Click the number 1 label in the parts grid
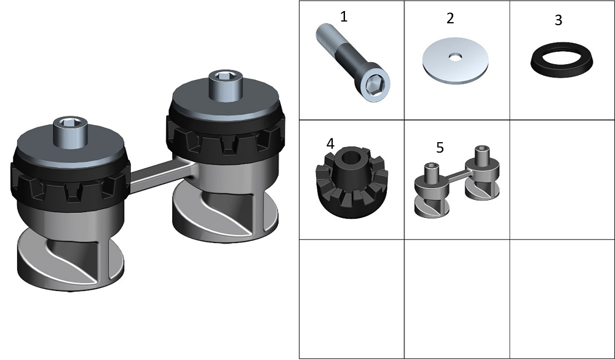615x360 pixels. (x=344, y=17)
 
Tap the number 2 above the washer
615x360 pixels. (x=450, y=18)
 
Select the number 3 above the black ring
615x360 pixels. (x=558, y=20)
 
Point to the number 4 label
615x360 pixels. (x=330, y=144)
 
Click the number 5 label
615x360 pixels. (x=440, y=148)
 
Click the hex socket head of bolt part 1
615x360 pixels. (x=373, y=85)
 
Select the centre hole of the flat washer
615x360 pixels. (x=455, y=57)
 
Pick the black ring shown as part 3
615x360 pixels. (x=561, y=60)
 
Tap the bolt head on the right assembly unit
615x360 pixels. (x=225, y=86)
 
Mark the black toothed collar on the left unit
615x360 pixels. (x=70, y=185)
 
